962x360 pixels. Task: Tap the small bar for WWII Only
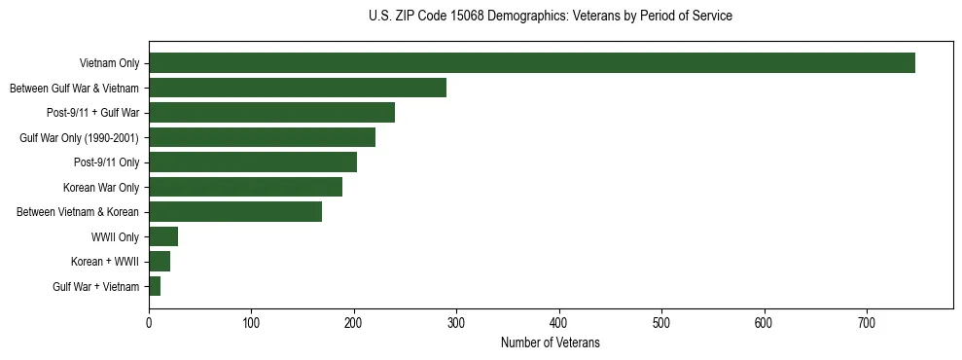pos(163,236)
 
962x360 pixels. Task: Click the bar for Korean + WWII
pos(160,262)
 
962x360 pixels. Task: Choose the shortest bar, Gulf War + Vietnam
pos(155,286)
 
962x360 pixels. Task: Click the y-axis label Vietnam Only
pos(109,64)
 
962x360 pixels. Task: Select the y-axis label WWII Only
pos(115,237)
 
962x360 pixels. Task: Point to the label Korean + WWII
pos(105,262)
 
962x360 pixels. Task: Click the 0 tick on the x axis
pos(149,321)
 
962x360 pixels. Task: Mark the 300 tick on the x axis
pos(456,321)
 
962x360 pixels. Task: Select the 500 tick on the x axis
pos(661,321)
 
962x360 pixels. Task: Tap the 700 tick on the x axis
pos(867,321)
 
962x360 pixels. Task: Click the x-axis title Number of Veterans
pos(550,343)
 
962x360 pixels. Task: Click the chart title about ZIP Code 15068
pos(550,17)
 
